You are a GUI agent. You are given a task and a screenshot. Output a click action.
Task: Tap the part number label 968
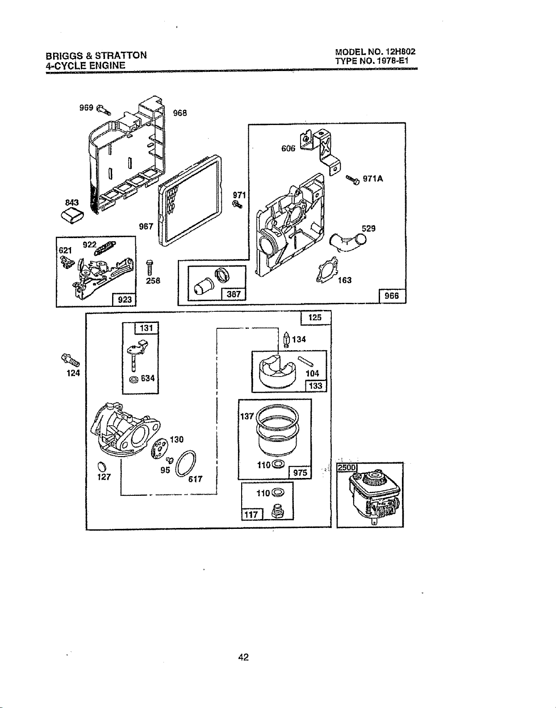point(180,113)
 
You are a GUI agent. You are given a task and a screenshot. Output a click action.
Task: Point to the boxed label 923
point(124,299)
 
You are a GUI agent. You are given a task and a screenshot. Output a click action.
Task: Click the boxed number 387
point(233,294)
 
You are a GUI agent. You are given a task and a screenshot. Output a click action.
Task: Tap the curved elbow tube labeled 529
point(347,242)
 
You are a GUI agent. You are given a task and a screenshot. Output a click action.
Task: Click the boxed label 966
point(392,296)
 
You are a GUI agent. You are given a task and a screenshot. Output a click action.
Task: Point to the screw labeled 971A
point(353,179)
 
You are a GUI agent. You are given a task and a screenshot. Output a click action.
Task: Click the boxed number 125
point(315,318)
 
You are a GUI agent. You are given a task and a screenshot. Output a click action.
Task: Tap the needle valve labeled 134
point(286,340)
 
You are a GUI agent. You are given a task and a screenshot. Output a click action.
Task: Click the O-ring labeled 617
point(186,464)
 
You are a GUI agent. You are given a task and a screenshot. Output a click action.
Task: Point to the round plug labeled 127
point(102,467)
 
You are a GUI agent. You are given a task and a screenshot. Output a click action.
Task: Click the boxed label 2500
point(347,468)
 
